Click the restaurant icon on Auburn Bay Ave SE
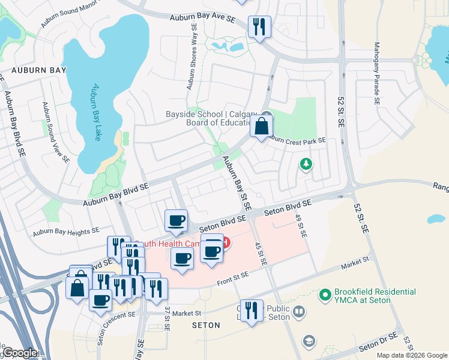pyautogui.click(x=259, y=26)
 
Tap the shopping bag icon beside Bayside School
pyautogui.click(x=262, y=126)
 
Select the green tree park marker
pyautogui.click(x=306, y=164)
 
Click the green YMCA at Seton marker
pyautogui.click(x=325, y=295)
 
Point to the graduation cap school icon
pyautogui.click(x=309, y=341)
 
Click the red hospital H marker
pyautogui.click(x=226, y=242)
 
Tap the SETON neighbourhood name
pyautogui.click(x=205, y=325)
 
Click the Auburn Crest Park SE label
pyautogui.click(x=296, y=140)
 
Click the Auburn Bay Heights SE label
pyautogui.click(x=66, y=231)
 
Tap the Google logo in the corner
pyautogui.click(x=20, y=353)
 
